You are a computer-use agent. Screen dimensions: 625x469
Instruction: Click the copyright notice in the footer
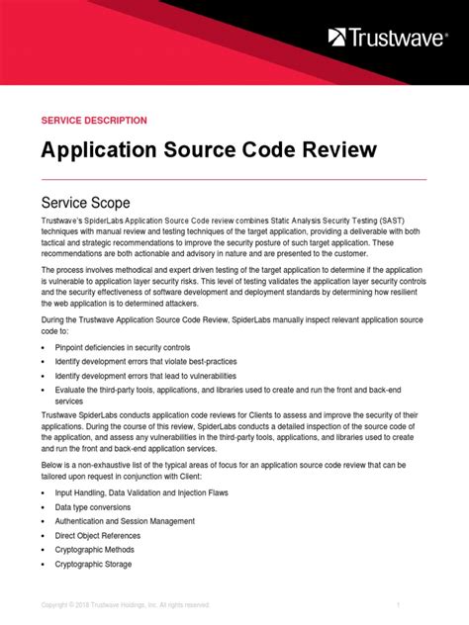[x=125, y=604]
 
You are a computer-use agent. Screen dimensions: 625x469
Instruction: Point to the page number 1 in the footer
[x=397, y=604]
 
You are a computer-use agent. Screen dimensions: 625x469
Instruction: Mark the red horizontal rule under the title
[x=220, y=179]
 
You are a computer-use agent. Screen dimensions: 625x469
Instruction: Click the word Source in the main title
[x=203, y=150]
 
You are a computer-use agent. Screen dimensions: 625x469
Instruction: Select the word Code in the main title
[x=266, y=150]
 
